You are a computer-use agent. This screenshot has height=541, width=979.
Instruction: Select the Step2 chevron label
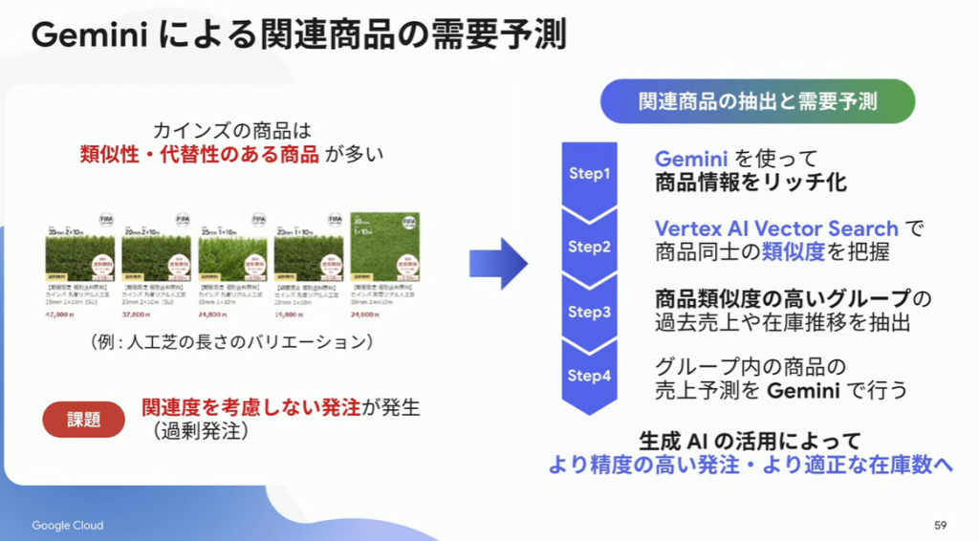click(x=589, y=246)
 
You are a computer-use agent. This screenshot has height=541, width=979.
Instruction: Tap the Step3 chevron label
click(x=589, y=312)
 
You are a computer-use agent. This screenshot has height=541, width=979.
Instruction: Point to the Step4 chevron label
click(x=589, y=376)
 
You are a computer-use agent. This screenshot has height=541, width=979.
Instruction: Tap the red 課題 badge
click(x=83, y=419)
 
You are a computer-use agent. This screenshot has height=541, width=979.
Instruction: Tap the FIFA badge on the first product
click(x=105, y=220)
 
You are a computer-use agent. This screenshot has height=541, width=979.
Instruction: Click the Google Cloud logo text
click(x=68, y=526)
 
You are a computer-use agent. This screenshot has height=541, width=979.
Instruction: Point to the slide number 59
click(x=940, y=526)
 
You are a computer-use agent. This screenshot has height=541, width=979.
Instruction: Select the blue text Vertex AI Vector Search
click(x=776, y=228)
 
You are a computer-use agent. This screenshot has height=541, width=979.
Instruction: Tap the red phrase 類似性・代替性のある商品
click(x=199, y=155)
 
